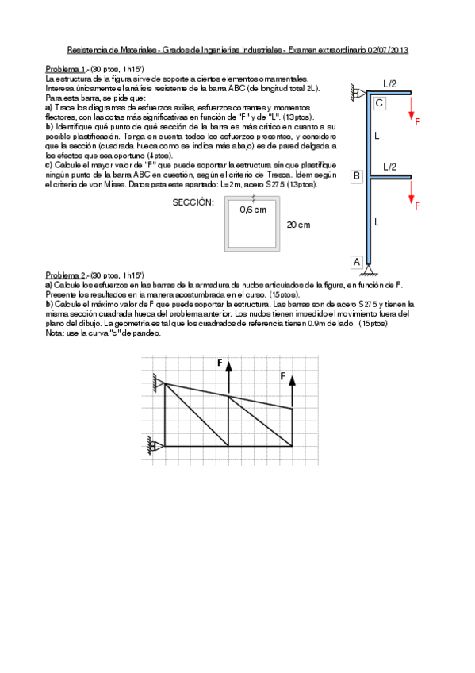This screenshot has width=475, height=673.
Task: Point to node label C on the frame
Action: [x=379, y=103]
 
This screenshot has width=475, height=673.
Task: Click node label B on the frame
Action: [x=357, y=175]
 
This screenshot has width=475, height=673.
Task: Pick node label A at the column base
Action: [x=357, y=261]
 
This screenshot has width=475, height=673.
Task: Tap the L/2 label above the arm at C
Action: [x=390, y=83]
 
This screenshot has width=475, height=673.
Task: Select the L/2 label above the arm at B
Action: [x=390, y=167]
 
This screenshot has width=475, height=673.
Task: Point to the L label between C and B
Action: [x=377, y=136]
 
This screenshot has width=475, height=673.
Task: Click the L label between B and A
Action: [x=377, y=221]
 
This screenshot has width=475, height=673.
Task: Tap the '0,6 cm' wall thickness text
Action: [x=253, y=210]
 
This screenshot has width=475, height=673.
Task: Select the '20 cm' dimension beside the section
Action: [x=298, y=225]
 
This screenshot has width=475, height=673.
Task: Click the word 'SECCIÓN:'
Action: [x=193, y=203]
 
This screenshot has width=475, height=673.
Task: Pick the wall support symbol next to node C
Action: [x=354, y=94]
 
